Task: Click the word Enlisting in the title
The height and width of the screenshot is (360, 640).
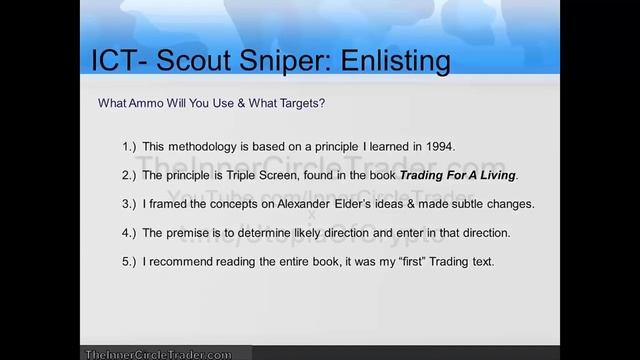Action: pyautogui.click(x=384, y=61)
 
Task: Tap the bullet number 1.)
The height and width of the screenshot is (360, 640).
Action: pyautogui.click(x=130, y=146)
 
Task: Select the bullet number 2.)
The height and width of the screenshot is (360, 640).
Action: pyautogui.click(x=130, y=175)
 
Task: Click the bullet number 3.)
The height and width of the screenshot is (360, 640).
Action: pyautogui.click(x=130, y=204)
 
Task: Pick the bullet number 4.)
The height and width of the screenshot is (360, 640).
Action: pyautogui.click(x=130, y=233)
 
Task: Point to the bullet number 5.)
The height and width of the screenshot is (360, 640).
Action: pyautogui.click(x=130, y=262)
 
